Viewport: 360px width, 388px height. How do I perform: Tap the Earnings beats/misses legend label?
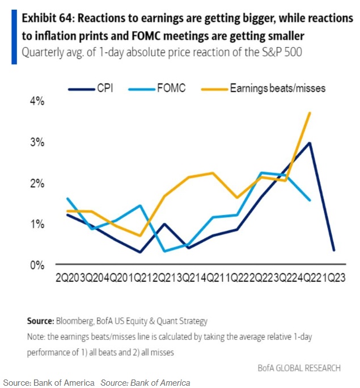(277, 88)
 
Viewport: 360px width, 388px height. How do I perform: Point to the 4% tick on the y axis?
(37, 102)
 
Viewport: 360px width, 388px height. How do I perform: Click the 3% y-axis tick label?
(37, 142)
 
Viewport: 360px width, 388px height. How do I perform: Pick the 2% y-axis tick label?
(37, 183)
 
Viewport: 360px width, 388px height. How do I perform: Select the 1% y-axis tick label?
(37, 224)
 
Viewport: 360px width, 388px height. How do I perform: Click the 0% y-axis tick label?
(37, 265)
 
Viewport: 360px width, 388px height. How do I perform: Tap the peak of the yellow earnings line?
(310, 112)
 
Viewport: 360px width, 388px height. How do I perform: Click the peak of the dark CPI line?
(310, 143)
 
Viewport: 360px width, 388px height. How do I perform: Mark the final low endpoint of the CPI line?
(333, 250)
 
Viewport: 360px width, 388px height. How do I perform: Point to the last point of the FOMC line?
(310, 200)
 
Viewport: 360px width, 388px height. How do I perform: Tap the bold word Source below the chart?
(40, 320)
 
